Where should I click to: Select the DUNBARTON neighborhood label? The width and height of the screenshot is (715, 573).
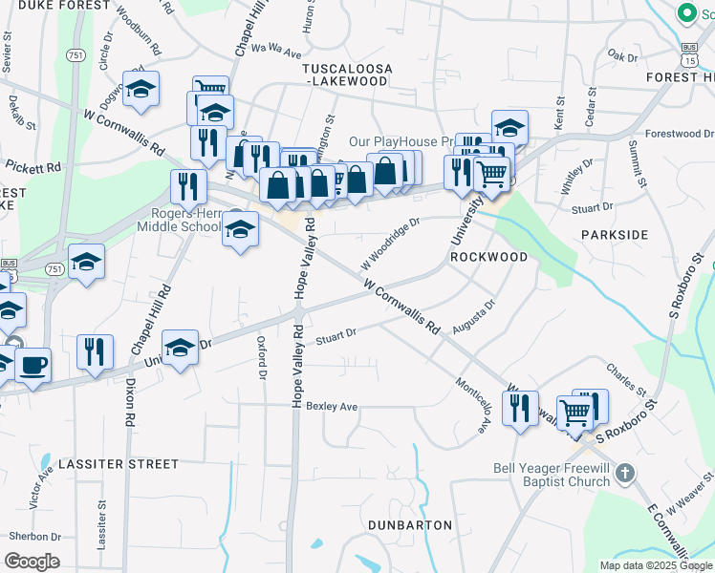click(410, 525)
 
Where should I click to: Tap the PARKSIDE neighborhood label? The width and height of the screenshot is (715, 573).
click(614, 234)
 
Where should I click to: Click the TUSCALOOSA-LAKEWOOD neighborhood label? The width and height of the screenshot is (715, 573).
click(345, 75)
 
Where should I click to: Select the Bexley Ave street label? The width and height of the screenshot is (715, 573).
click(332, 407)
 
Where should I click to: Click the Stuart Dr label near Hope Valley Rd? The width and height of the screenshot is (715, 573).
click(336, 335)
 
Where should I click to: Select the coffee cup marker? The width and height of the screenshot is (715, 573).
click(32, 365)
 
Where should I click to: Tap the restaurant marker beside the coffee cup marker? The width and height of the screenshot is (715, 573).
click(95, 351)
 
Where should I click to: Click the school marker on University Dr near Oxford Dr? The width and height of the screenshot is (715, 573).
click(179, 348)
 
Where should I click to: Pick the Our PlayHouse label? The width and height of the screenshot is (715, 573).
click(399, 141)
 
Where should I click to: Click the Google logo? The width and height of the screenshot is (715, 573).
click(32, 562)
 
